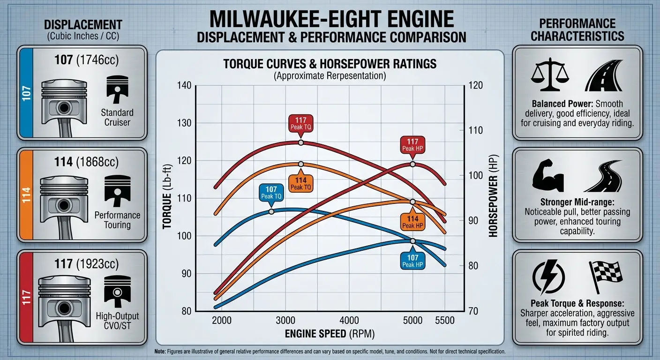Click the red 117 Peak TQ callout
coord(300,123)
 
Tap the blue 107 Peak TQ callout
coord(271,193)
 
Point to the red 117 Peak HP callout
coord(412,145)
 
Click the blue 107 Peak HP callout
coord(412,261)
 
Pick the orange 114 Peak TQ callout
coord(300,183)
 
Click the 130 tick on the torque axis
coord(184,123)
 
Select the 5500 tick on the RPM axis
coord(445,320)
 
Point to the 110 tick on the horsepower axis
coord(476,130)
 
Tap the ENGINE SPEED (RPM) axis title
coord(330,334)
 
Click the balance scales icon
coord(550,74)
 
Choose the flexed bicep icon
coord(548,176)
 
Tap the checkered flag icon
coord(606,277)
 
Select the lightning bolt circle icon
coord(548,277)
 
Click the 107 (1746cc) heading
coord(87,60)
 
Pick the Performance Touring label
coord(117,220)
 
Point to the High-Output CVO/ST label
coord(117,321)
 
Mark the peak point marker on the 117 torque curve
coord(300,142)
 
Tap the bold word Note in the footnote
coord(160,352)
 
